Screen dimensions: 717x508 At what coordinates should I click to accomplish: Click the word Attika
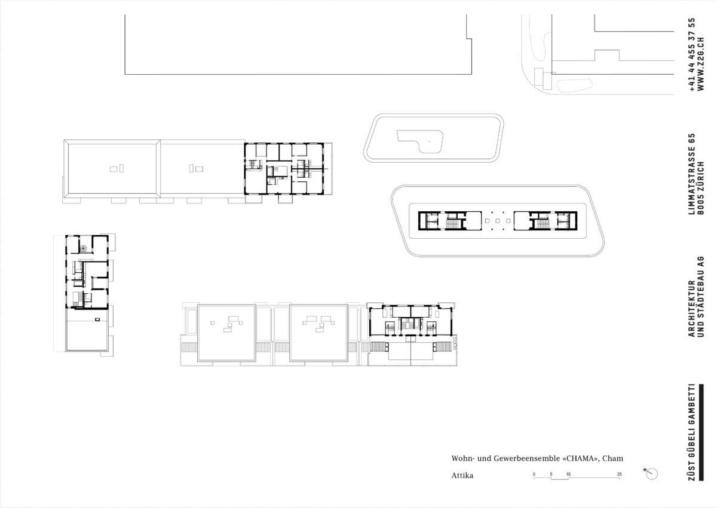tap(462, 475)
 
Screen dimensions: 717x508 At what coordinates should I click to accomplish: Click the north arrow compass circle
tap(652, 474)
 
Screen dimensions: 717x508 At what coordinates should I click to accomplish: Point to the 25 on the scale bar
tap(620, 474)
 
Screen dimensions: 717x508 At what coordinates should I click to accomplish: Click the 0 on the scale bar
tap(534, 474)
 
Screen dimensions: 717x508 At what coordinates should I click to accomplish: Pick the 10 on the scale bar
tap(568, 474)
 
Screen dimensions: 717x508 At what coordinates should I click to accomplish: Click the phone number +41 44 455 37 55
tap(693, 54)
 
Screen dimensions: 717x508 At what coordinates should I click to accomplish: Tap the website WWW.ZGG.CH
tap(701, 64)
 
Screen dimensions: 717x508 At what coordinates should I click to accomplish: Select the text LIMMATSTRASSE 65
tap(692, 174)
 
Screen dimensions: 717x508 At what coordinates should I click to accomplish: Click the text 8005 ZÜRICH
tap(700, 188)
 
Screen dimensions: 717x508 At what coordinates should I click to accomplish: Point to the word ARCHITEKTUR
tap(692, 309)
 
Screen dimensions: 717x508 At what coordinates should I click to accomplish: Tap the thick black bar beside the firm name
tap(701, 433)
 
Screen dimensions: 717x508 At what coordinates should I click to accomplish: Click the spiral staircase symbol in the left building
tap(83, 248)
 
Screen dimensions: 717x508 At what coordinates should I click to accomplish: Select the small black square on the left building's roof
tap(97, 320)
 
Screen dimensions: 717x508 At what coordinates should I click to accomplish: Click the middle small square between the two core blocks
tap(497, 221)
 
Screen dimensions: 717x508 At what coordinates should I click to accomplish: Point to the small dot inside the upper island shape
tap(429, 141)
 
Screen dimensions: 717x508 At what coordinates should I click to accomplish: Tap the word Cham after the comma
tap(612, 458)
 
